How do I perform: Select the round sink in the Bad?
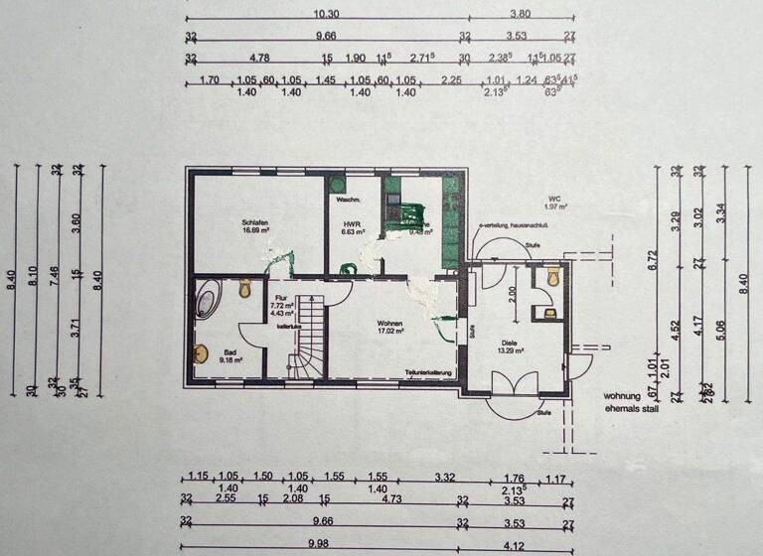pyautogui.click(x=202, y=353)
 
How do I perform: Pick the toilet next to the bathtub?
pyautogui.click(x=245, y=288)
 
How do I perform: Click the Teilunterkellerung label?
pyautogui.click(x=427, y=372)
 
